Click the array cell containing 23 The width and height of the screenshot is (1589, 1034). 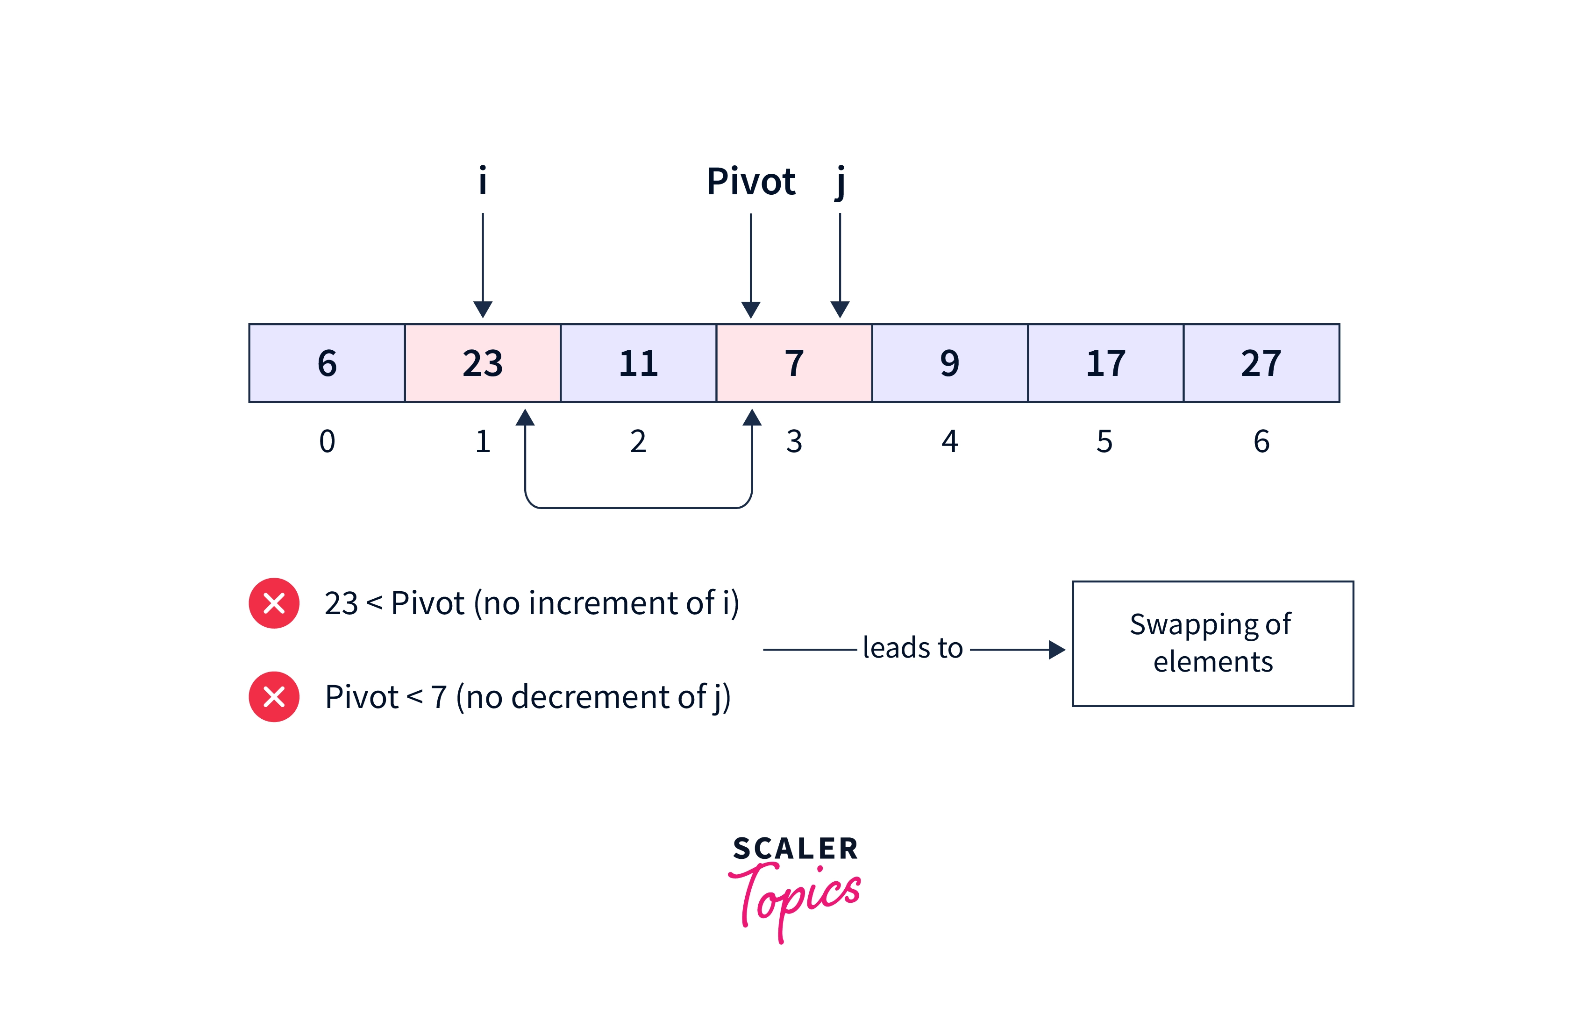[482, 363]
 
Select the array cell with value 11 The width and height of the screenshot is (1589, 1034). [638, 363]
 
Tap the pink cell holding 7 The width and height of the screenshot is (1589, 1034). [794, 363]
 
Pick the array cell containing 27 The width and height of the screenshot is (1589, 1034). [1261, 363]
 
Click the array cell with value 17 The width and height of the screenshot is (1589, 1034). [1105, 363]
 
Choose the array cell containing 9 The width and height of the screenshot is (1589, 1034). [949, 363]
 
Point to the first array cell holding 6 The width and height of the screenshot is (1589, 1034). [327, 363]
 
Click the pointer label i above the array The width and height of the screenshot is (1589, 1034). [483, 181]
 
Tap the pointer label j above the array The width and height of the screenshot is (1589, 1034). [840, 182]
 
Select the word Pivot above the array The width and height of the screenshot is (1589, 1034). [751, 182]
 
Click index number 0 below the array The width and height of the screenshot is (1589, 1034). [327, 441]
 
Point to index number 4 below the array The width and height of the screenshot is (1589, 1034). [949, 441]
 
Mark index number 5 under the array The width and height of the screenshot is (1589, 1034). [1105, 441]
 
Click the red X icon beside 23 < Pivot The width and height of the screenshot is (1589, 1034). [274, 603]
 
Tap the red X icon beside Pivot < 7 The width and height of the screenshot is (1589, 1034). [274, 696]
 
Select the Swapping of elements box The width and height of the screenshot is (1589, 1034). [1212, 644]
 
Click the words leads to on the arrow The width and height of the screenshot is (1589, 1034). [912, 647]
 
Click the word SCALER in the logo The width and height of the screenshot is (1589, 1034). [795, 849]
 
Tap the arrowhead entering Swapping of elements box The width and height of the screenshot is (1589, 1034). [1056, 650]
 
